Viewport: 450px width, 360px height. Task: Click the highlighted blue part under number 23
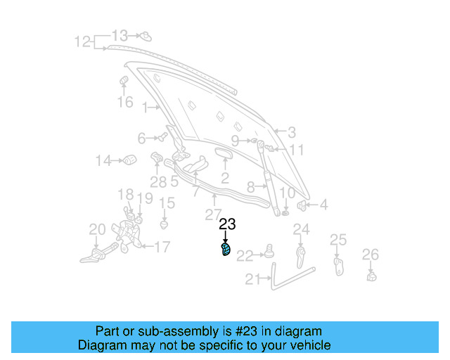[x=226, y=250]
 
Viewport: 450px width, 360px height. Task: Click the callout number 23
[x=227, y=225]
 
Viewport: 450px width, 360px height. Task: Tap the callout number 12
[x=83, y=41]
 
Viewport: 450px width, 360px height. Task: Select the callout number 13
[x=120, y=35]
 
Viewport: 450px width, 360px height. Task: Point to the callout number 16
[x=124, y=103]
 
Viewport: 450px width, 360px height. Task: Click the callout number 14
[x=103, y=161]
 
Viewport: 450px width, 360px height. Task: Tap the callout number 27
[x=213, y=214]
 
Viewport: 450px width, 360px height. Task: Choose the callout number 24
[x=301, y=229]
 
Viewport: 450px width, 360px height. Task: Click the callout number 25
[x=338, y=240]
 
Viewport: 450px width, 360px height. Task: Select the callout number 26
[x=370, y=254]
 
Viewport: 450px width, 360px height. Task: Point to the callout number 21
[x=252, y=279]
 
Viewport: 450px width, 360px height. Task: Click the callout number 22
[x=244, y=256]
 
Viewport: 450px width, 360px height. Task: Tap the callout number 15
[x=166, y=203]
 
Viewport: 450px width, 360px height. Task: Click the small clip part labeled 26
[x=371, y=275]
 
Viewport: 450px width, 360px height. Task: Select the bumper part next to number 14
[x=130, y=160]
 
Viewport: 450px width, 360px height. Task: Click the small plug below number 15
[x=165, y=225]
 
